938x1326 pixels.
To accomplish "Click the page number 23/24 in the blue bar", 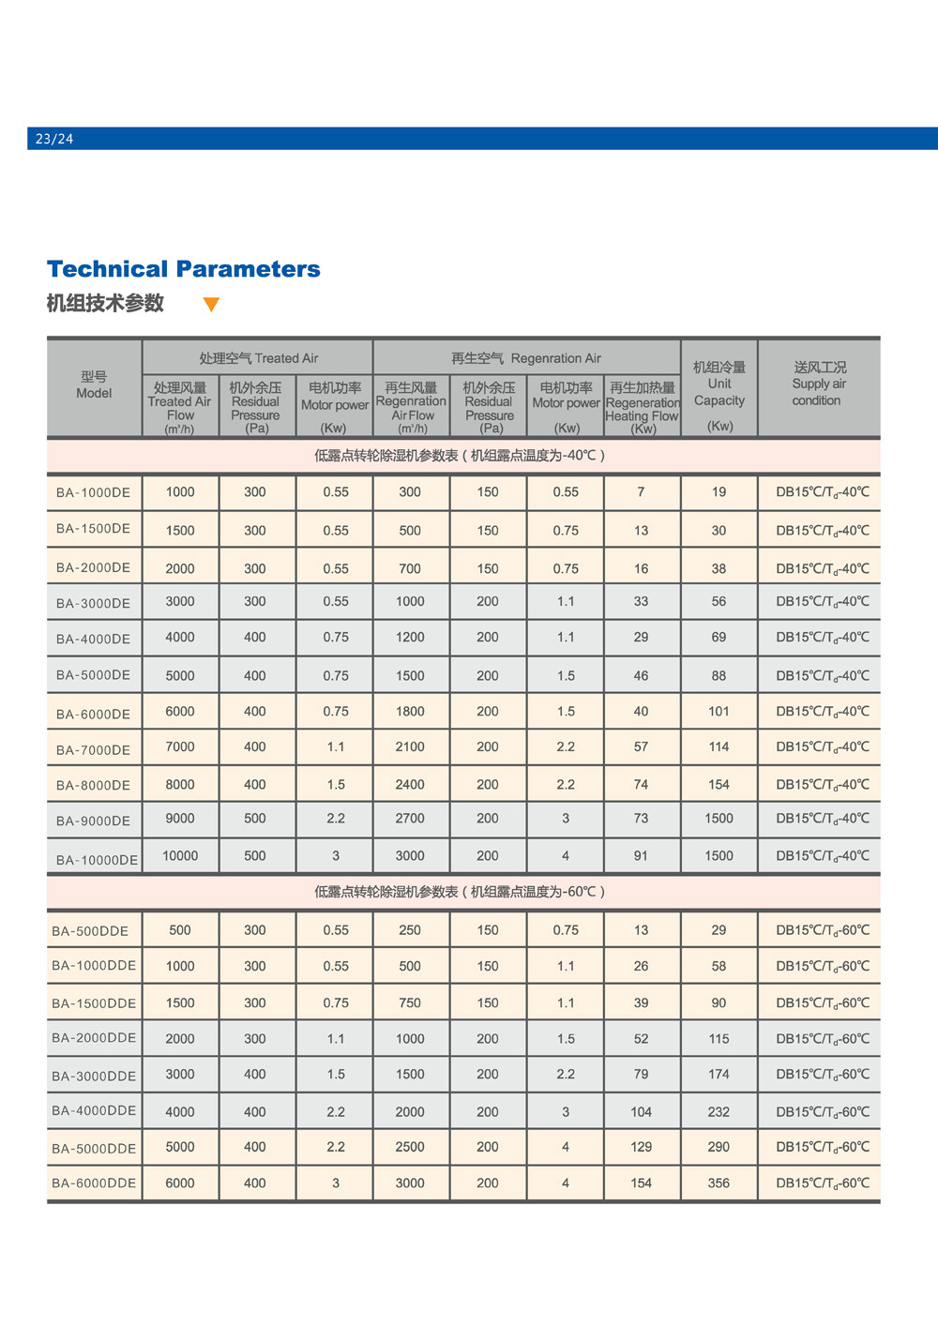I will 54,139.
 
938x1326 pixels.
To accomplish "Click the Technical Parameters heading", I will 184,269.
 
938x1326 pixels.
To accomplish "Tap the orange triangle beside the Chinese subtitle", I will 211,304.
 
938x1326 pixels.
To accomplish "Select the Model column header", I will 94,385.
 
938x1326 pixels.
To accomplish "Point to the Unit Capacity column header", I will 719,393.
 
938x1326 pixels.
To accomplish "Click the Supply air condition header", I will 819,384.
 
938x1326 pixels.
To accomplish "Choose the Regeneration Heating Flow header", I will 643,407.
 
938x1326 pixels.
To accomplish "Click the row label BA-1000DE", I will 93,492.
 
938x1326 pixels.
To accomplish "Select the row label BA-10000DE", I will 97,859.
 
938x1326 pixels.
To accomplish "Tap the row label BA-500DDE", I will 90,931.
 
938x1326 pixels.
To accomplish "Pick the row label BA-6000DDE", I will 94,1183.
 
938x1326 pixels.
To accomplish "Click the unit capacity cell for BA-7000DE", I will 719,747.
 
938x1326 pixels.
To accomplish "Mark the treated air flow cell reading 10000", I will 180,856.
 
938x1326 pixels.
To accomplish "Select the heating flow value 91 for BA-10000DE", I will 641,856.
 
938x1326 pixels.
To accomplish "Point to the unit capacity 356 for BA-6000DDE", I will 719,1183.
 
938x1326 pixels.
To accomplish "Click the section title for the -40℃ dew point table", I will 460,456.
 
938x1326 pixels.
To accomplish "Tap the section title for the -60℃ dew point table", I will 460,892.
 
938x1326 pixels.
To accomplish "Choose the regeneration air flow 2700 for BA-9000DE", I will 410,819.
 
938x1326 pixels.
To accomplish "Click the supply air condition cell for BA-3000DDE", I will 823,1075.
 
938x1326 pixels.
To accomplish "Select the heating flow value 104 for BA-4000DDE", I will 641,1112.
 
